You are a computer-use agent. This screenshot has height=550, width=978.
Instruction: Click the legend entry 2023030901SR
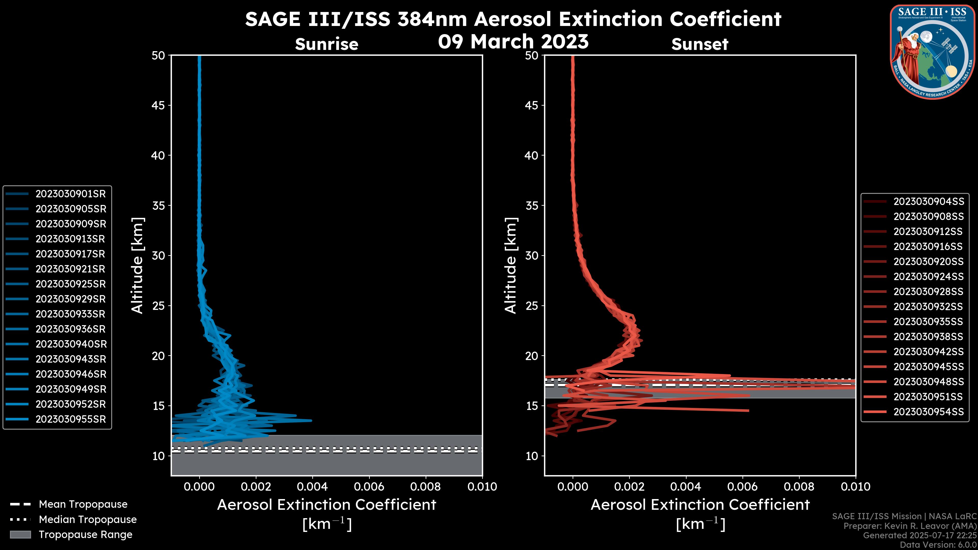[x=71, y=194]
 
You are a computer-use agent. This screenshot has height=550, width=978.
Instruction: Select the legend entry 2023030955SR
[x=71, y=419]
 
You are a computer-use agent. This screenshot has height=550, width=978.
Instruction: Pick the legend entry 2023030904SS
[x=928, y=202]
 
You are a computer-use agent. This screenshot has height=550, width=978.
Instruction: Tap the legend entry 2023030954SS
[x=928, y=412]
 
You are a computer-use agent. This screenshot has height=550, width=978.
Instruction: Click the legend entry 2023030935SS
[x=928, y=322]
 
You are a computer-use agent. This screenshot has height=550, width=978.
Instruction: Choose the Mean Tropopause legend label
[x=83, y=504]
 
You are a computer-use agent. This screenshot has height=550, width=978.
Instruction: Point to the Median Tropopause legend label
[x=88, y=520]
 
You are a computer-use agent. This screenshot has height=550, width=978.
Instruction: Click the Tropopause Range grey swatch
[x=20, y=535]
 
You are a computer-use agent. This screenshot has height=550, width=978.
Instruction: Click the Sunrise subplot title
[x=327, y=44]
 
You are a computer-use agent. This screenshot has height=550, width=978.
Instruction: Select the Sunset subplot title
[x=700, y=44]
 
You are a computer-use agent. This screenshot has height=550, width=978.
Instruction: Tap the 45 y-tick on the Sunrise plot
[x=158, y=105]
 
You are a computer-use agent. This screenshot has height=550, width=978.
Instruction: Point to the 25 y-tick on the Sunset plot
[x=532, y=306]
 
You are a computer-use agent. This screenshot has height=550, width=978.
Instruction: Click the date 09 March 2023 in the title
[x=513, y=42]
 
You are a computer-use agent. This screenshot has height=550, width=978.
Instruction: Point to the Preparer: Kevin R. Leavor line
[x=910, y=526]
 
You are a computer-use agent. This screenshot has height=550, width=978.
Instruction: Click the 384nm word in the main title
[x=432, y=19]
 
